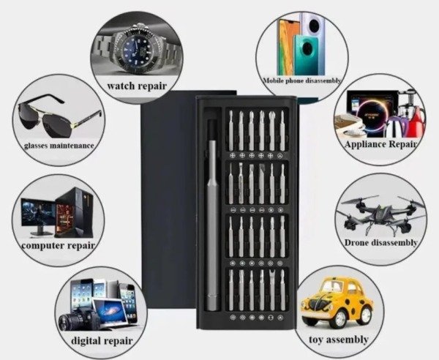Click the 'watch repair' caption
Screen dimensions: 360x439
coord(136,86)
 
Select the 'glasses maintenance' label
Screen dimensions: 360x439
coord(59,145)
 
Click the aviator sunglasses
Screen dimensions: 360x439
coord(59,117)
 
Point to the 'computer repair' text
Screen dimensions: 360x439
coord(59,244)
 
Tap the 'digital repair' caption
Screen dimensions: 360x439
coord(101,340)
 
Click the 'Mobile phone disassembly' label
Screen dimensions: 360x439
coord(302,80)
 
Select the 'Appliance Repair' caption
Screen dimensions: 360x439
coord(380,144)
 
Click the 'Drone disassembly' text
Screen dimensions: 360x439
coord(380,242)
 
